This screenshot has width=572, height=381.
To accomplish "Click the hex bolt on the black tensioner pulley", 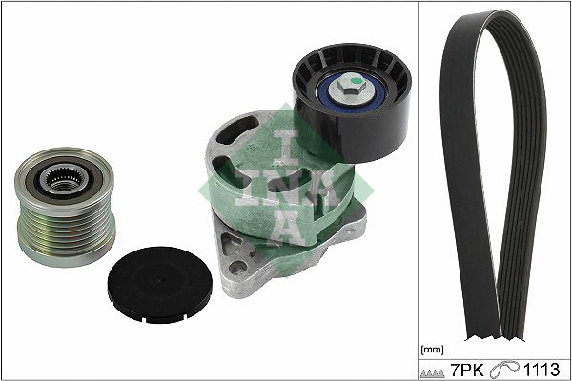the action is click(348, 87).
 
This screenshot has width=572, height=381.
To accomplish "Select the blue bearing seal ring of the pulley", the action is click(351, 91).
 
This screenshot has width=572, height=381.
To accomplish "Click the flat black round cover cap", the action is click(160, 285).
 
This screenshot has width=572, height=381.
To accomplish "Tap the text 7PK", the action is click(467, 370).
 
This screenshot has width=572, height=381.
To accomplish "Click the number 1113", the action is click(541, 370).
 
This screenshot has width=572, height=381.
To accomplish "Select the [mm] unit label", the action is click(432, 350).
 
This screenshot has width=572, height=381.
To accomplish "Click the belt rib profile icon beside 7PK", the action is click(433, 373).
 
